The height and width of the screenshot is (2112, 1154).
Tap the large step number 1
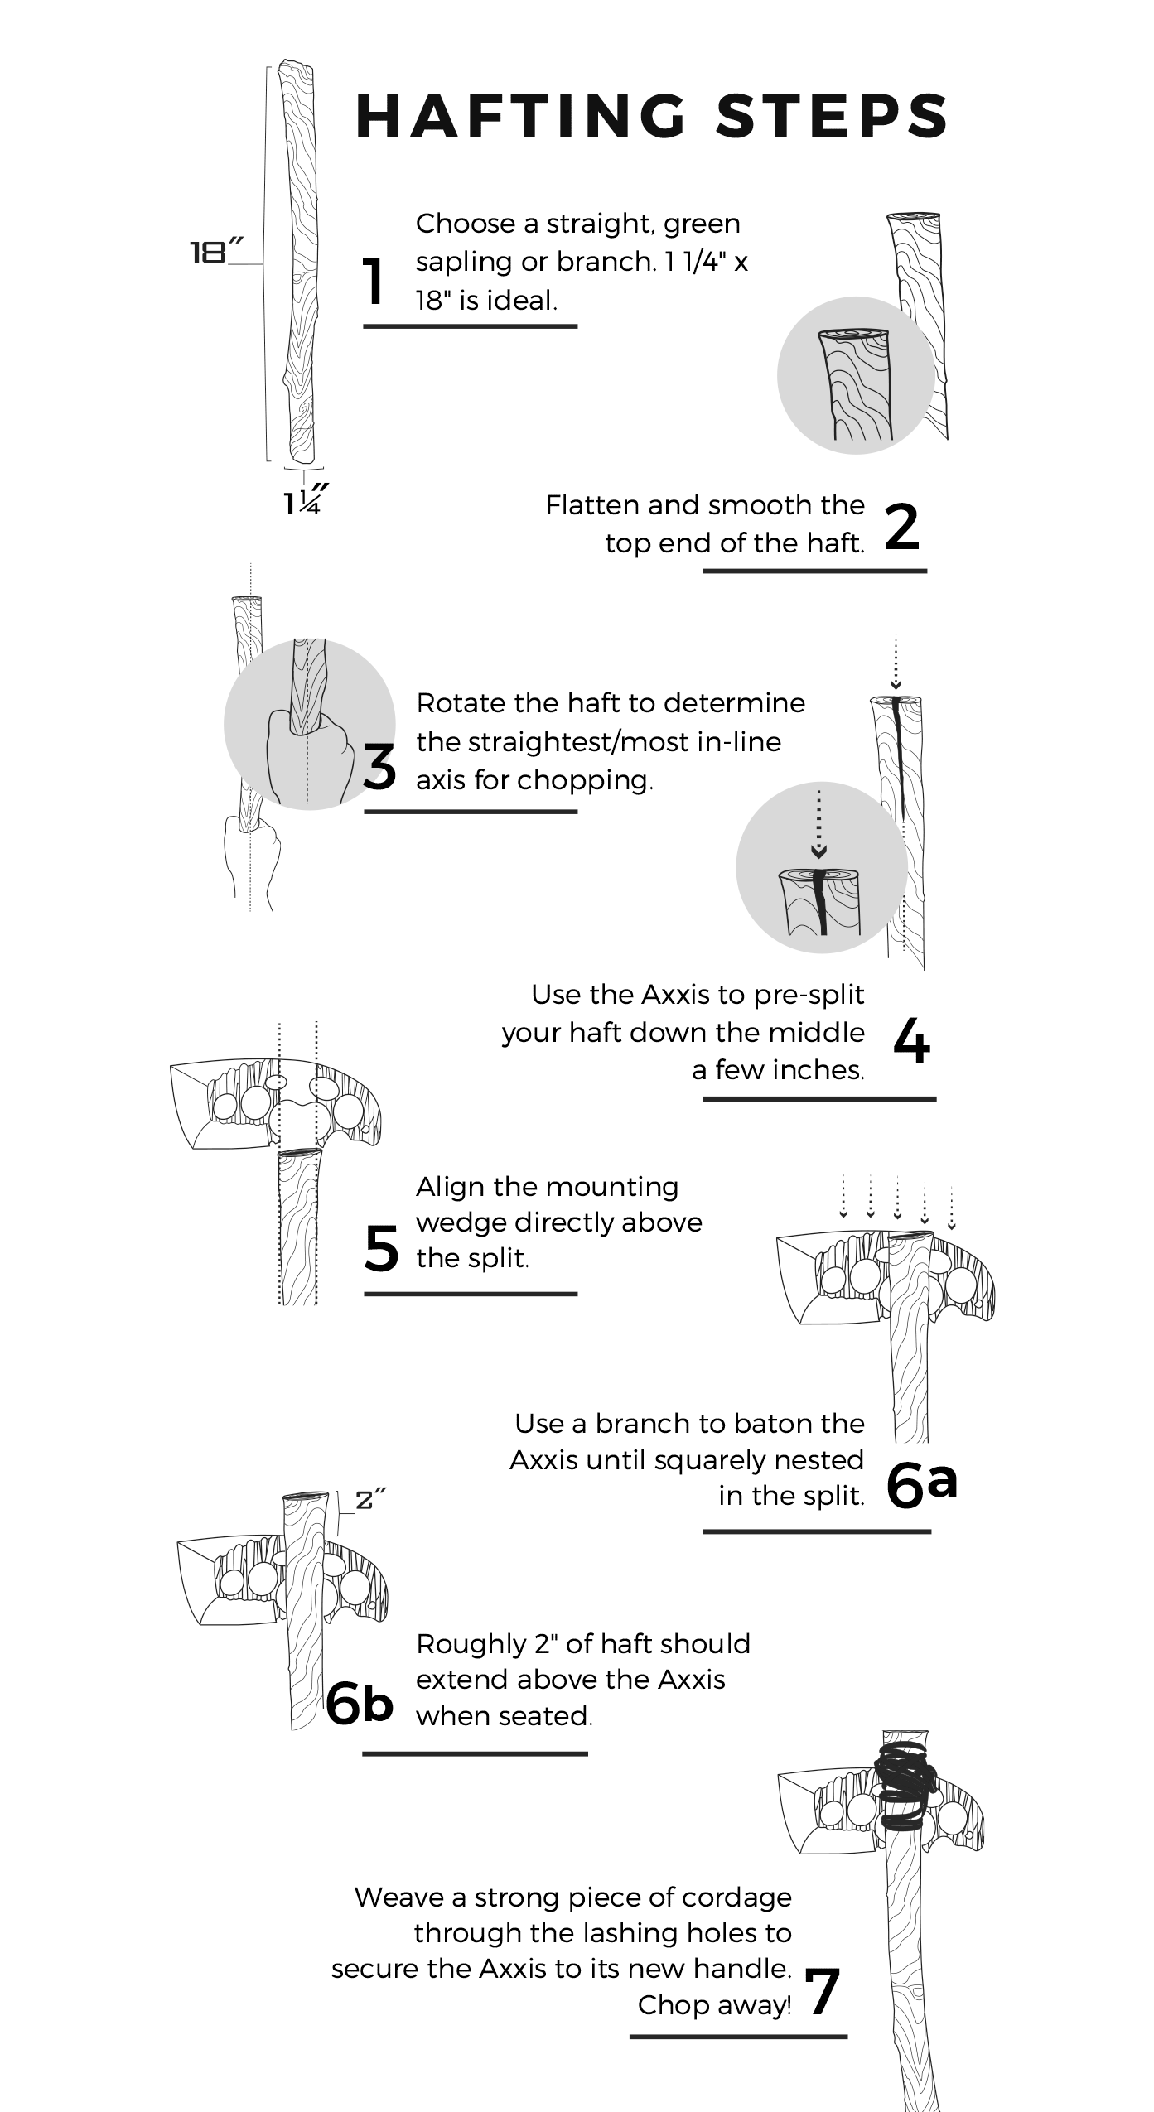[x=374, y=282]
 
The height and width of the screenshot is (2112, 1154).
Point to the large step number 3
[x=380, y=767]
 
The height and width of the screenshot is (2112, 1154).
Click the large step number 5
[x=381, y=1248]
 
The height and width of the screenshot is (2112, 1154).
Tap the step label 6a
[x=921, y=1483]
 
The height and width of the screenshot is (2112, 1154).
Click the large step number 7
[x=823, y=1992]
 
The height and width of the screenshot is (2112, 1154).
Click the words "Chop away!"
[x=714, y=2004]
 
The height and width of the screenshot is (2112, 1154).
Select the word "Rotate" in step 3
[x=461, y=702]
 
